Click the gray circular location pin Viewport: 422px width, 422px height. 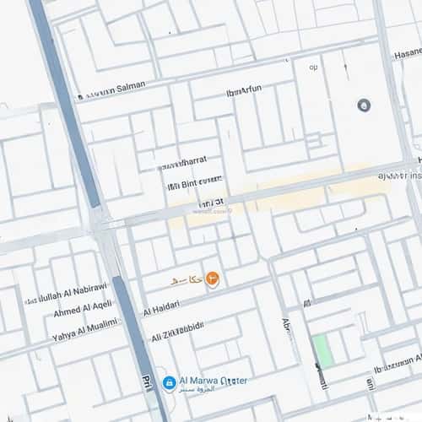(364, 105)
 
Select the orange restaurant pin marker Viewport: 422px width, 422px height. (213, 278)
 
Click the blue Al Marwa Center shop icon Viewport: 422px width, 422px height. (169, 382)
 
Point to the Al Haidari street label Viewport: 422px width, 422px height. (162, 311)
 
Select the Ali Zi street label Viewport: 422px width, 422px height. (179, 333)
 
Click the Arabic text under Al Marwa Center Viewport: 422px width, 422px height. (201, 392)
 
